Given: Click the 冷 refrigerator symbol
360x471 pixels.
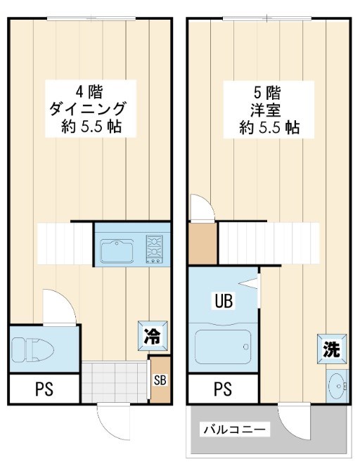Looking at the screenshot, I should pos(151,335).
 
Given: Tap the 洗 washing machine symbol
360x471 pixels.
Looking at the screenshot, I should pos(331,349).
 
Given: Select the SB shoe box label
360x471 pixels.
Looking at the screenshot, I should pos(160,380).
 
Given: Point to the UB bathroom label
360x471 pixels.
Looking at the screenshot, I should pos(224,302).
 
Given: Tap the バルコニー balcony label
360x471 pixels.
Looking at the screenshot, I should pos(234,429).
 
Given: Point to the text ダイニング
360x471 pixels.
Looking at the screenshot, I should pos(88,109).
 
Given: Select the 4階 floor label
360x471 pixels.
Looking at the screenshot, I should pos(88,91).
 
